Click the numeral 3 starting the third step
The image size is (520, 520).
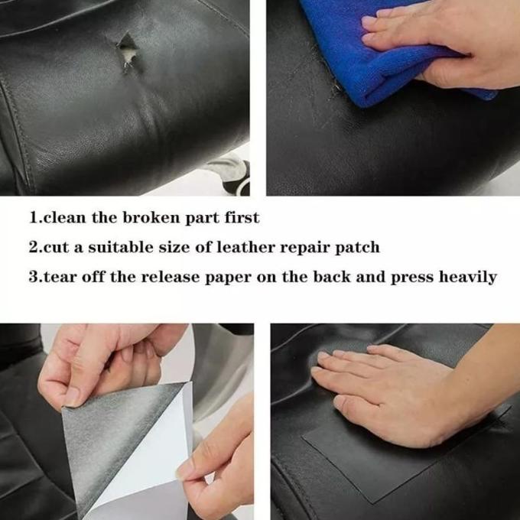[34, 277]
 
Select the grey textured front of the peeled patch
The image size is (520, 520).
[109, 441]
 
